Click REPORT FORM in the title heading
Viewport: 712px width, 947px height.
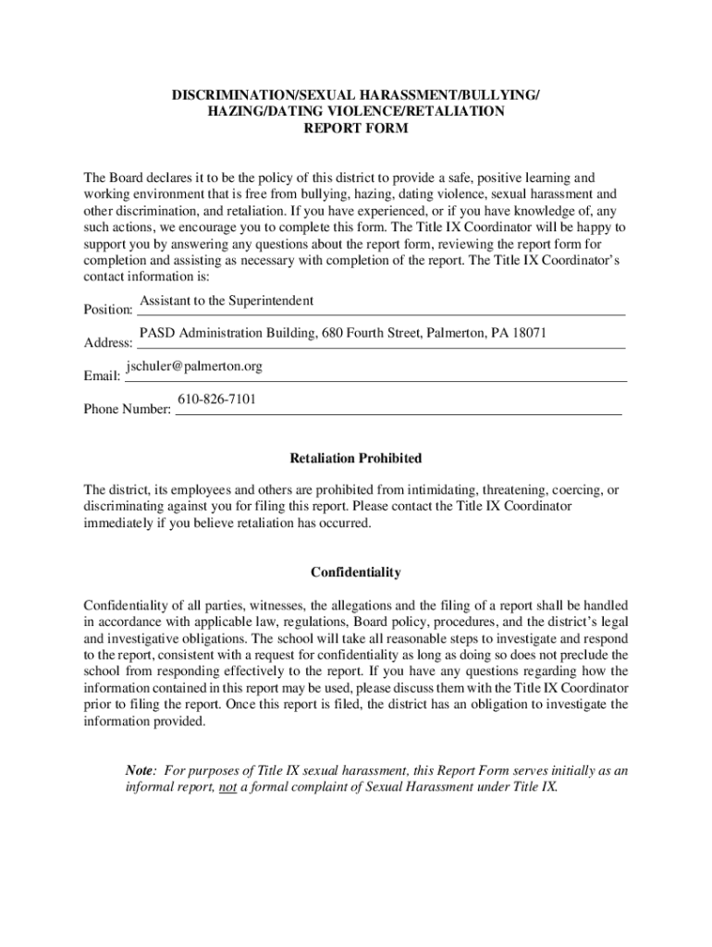point(356,129)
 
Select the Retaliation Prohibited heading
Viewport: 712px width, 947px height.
point(356,459)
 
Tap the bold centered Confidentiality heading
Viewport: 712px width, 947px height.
point(356,572)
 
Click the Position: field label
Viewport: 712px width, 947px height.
point(108,310)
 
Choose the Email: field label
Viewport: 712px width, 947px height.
point(102,377)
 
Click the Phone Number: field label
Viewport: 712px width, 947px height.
point(128,410)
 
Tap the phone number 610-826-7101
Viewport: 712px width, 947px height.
point(216,400)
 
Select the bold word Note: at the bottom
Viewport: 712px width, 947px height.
point(141,771)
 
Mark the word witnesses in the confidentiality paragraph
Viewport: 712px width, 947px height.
point(275,606)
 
